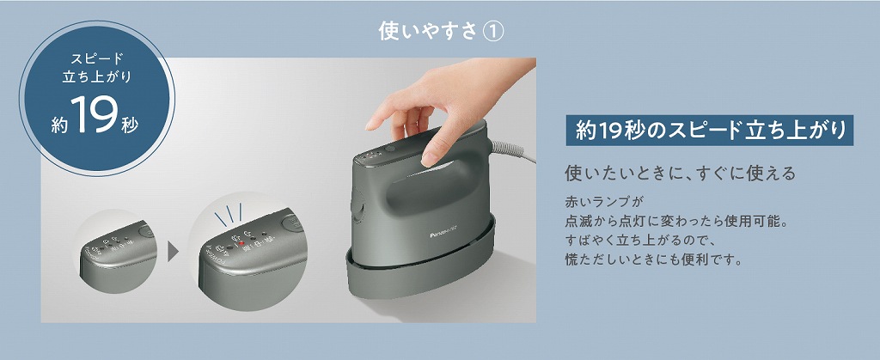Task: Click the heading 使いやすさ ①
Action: [441, 32]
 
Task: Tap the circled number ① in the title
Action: [493, 32]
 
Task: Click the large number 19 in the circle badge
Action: [95, 113]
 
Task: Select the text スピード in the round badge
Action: [96, 58]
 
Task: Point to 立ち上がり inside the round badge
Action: [96, 76]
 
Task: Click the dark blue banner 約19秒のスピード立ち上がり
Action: [709, 130]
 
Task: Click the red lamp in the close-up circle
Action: [241, 244]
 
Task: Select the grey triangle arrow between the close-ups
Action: [173, 252]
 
